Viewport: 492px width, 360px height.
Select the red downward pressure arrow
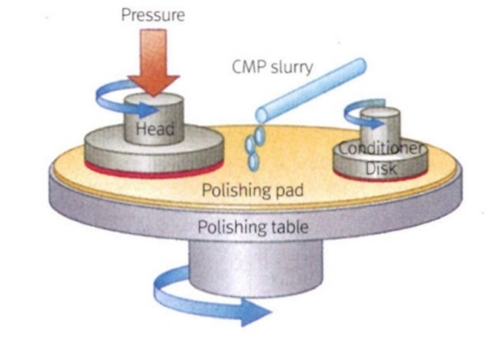pyautogui.click(x=154, y=62)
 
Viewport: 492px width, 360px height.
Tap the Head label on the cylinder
pyautogui.click(x=155, y=128)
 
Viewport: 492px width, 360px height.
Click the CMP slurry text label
pyautogui.click(x=273, y=67)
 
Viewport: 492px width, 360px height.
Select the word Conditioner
pyautogui.click(x=382, y=149)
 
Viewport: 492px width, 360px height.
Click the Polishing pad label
pyautogui.click(x=243, y=189)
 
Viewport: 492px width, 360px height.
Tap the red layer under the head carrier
pyautogui.click(x=154, y=170)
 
